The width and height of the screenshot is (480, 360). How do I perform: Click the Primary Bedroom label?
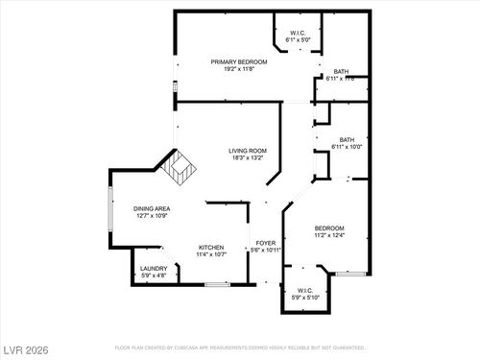239,60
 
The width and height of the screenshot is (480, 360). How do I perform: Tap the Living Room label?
247,151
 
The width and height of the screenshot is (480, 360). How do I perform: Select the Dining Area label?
152,208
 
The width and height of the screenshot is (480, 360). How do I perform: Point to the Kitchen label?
211,247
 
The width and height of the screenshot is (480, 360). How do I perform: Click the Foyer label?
265,243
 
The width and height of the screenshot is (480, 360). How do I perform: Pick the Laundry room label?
154,269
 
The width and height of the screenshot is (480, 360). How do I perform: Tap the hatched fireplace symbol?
179,171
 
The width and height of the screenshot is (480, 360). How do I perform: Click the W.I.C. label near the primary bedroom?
297,34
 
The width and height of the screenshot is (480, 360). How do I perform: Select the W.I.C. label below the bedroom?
304,291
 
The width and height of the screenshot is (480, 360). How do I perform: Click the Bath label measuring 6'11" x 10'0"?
347,139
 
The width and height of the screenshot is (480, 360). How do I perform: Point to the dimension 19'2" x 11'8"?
239,68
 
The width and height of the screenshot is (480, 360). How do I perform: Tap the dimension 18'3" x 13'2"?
247,158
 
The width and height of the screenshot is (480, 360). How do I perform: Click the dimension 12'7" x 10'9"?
152,216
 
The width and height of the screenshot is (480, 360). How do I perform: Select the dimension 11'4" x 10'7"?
211,254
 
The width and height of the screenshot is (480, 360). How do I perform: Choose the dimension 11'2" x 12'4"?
328,235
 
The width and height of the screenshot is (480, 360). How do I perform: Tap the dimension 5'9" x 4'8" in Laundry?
154,276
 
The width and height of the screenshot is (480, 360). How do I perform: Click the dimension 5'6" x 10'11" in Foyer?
265,251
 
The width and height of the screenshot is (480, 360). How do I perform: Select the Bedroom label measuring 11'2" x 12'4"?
328,228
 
